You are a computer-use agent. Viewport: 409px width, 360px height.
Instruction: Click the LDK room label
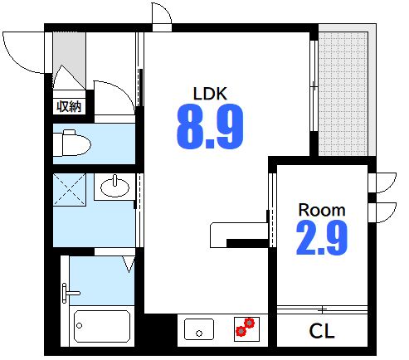click(210, 94)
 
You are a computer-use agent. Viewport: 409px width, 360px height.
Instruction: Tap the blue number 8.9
click(210, 127)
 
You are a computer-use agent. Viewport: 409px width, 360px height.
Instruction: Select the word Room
click(322, 210)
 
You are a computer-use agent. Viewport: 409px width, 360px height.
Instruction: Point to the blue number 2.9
click(322, 237)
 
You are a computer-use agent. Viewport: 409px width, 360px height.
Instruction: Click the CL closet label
click(322, 331)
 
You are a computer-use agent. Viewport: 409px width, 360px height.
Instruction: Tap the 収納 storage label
click(69, 106)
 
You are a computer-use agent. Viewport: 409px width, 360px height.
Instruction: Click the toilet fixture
click(72, 143)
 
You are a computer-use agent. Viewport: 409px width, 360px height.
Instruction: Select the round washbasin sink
click(114, 187)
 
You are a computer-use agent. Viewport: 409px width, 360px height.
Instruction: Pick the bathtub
click(102, 326)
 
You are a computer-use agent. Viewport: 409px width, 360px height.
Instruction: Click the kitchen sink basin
click(199, 329)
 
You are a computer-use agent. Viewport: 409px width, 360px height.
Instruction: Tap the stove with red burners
click(246, 329)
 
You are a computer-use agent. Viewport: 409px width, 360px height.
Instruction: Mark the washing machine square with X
click(69, 189)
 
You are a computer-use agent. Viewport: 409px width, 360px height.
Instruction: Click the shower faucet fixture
click(71, 293)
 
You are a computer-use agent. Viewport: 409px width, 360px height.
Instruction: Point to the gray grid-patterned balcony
click(343, 94)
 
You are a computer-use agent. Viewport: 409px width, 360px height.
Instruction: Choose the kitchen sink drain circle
click(199, 333)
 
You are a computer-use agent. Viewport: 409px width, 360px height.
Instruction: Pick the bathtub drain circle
click(80, 325)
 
